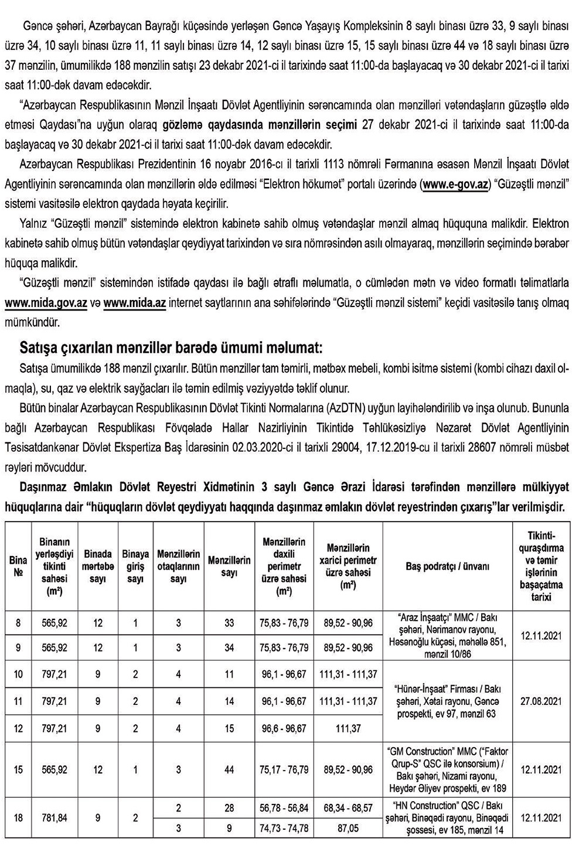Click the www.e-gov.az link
455,184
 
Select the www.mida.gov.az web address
46,303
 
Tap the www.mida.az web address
135,303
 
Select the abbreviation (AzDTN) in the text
334,408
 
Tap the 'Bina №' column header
18,566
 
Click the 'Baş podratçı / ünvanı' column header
448,566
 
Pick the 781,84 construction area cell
54,817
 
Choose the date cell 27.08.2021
541,701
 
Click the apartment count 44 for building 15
229,769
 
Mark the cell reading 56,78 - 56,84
284,808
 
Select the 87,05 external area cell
348,828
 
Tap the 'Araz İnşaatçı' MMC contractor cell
448,636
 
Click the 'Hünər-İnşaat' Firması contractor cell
448,701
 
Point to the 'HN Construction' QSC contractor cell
448,817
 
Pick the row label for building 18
18,817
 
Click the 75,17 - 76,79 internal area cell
284,769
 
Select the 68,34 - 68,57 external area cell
348,808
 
